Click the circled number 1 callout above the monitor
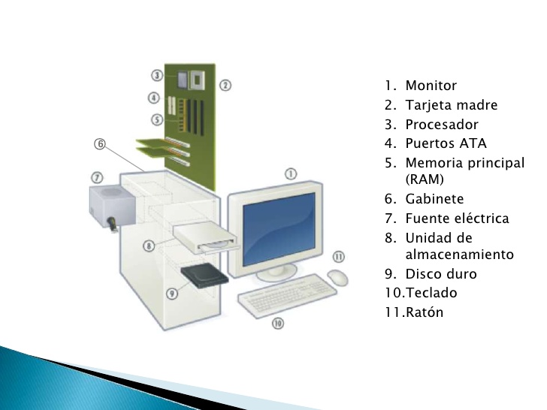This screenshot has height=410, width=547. click(291, 173)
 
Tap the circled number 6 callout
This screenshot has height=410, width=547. click(100, 143)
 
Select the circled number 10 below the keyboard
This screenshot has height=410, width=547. click(278, 323)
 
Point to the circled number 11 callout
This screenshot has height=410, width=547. click(338, 257)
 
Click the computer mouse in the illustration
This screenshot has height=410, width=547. click(337, 278)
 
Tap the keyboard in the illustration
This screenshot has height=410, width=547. click(287, 295)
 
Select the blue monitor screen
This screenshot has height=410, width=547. click(279, 229)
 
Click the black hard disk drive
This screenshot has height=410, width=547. click(204, 276)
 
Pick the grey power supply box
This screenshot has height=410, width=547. click(112, 207)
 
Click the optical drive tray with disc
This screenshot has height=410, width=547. click(207, 238)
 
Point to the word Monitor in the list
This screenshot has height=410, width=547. click(431, 86)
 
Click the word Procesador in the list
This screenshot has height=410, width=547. click(442, 125)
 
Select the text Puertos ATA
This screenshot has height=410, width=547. click(446, 143)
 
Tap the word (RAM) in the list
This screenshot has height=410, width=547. click(425, 179)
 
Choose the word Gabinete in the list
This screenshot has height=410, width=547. click(434, 199)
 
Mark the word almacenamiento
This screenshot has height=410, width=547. click(459, 254)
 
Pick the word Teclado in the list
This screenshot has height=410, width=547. click(431, 293)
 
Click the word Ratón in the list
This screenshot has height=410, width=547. click(425, 312)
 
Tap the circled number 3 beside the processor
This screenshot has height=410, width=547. click(157, 75)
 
